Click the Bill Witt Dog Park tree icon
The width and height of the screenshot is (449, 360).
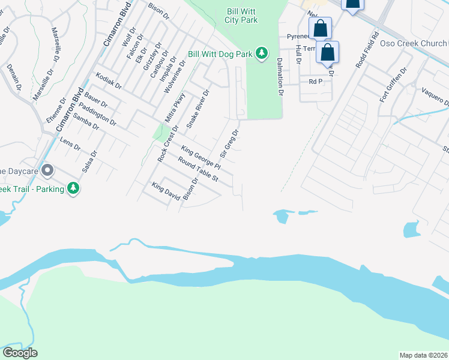pos(262,54)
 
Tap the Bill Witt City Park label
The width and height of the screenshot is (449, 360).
pos(243,16)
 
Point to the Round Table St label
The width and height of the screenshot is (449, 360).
pos(197,170)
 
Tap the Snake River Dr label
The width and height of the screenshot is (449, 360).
pos(197,109)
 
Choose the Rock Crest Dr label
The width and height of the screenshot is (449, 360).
pos(168,143)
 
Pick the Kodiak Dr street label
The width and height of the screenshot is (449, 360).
pos(109,80)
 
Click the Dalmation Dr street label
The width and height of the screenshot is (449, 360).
pos(280,77)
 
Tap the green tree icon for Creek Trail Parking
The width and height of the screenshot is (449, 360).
pos(73,188)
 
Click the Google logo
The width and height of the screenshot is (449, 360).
pos(20,353)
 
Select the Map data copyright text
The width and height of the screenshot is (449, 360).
pos(424,355)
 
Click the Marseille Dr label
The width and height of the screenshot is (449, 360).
pos(55,46)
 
